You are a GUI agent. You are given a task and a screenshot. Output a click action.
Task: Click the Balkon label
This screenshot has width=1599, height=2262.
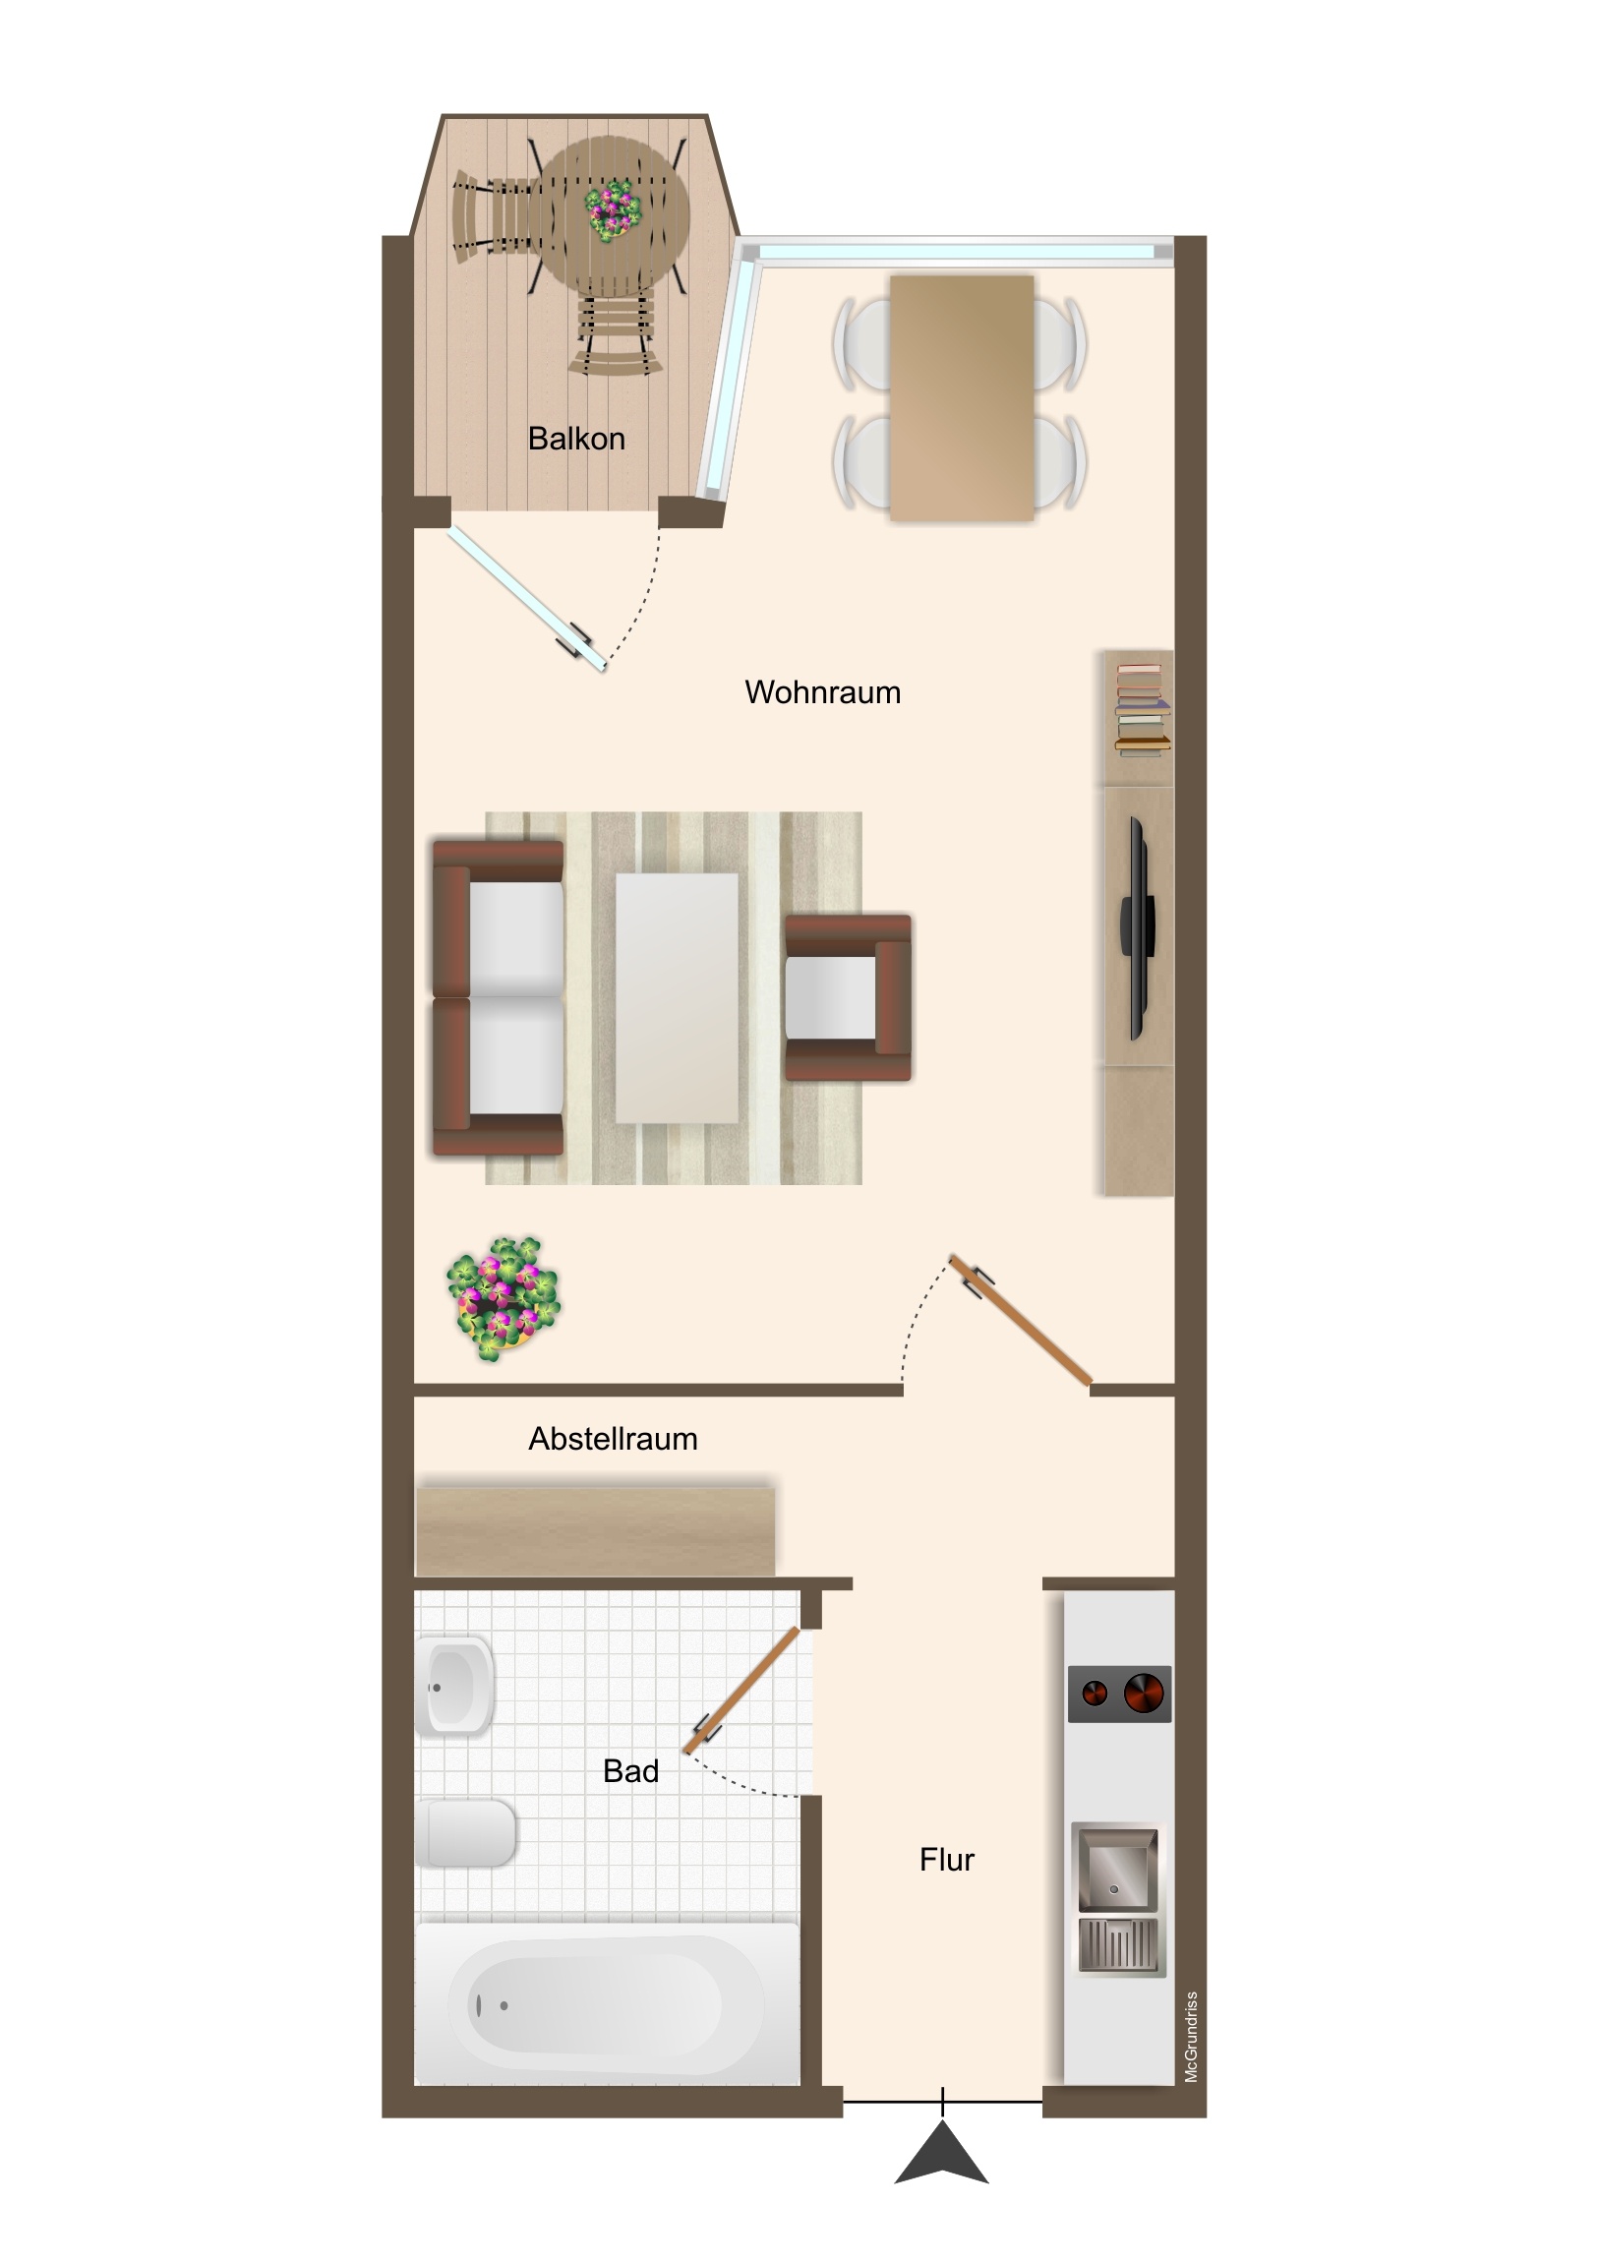point(576,439)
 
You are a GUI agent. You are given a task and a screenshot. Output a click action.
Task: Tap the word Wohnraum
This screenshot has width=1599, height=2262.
point(823,692)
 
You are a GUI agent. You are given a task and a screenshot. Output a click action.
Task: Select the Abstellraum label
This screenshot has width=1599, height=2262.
point(613,1440)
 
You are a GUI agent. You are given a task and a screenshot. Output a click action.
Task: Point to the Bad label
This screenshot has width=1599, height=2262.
point(630,1771)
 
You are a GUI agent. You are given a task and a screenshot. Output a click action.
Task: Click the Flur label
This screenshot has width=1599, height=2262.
point(947,1860)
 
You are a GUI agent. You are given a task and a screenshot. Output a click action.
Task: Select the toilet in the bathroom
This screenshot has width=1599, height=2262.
point(466,1833)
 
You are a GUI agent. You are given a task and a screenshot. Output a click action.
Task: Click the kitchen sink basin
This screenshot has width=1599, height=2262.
point(1117,1871)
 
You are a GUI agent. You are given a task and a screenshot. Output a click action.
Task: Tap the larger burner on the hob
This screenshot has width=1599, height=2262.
point(1144,1694)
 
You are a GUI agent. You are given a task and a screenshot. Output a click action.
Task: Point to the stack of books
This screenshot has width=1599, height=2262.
point(1143,710)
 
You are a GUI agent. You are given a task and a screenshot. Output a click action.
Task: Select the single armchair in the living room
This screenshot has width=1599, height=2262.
point(848,998)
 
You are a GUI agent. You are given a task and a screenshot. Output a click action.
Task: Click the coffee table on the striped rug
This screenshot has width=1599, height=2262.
point(677,998)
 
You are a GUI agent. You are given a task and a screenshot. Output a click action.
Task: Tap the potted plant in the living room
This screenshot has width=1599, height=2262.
point(503,1299)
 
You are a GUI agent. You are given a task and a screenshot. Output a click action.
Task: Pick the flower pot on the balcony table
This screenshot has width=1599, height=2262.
point(613,209)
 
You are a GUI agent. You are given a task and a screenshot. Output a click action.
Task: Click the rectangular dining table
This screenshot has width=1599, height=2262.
point(962,398)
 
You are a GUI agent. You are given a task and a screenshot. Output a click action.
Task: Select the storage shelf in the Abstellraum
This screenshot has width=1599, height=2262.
point(595,1531)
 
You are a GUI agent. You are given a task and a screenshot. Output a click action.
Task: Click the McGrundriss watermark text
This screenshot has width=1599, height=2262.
point(1192,2037)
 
